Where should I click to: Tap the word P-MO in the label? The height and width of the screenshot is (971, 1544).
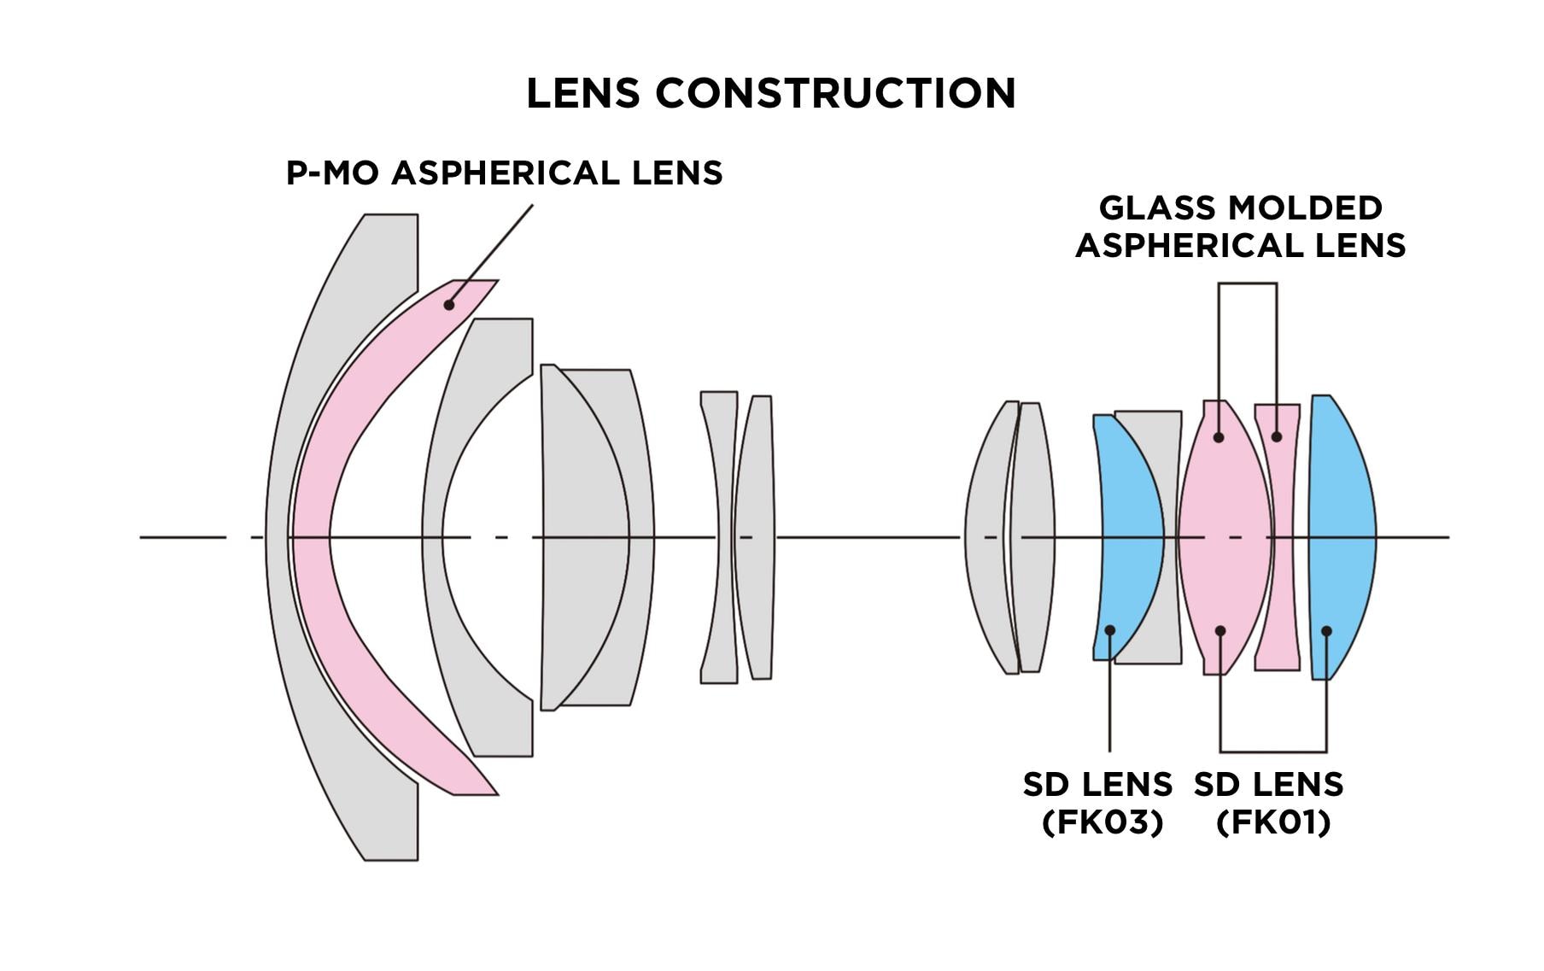click(333, 173)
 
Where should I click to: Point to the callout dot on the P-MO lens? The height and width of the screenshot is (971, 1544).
click(449, 305)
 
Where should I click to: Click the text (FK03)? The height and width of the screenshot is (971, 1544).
click(1102, 822)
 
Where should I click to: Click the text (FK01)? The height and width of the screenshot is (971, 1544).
click(1273, 822)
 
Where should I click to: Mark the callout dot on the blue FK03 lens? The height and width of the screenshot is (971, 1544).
click(1110, 630)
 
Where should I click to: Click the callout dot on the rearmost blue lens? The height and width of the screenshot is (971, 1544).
click(1326, 631)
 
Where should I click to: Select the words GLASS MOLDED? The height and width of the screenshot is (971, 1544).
click(1240, 208)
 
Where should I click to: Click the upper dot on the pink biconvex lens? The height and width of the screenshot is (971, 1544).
click(1219, 437)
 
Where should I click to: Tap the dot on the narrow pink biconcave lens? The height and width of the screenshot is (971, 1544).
click(1277, 437)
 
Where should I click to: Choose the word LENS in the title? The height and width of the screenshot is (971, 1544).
click(582, 93)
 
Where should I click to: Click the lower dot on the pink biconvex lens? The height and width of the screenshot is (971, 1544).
click(1220, 631)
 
